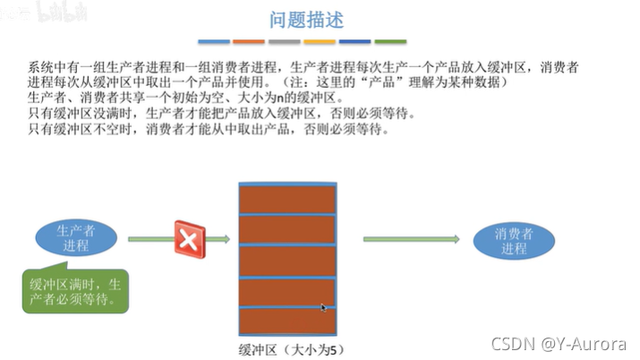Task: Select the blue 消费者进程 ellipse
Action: [x=514, y=240]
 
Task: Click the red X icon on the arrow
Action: [x=189, y=239]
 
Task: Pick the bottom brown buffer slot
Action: [x=287, y=321]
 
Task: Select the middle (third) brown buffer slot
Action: [x=287, y=259]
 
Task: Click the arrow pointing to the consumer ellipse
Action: [x=412, y=239]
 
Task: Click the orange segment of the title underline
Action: [x=249, y=41]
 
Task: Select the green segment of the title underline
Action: [x=390, y=41]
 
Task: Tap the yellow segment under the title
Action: [x=320, y=41]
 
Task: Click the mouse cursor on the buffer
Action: [x=323, y=307]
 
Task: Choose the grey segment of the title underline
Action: [x=284, y=41]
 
